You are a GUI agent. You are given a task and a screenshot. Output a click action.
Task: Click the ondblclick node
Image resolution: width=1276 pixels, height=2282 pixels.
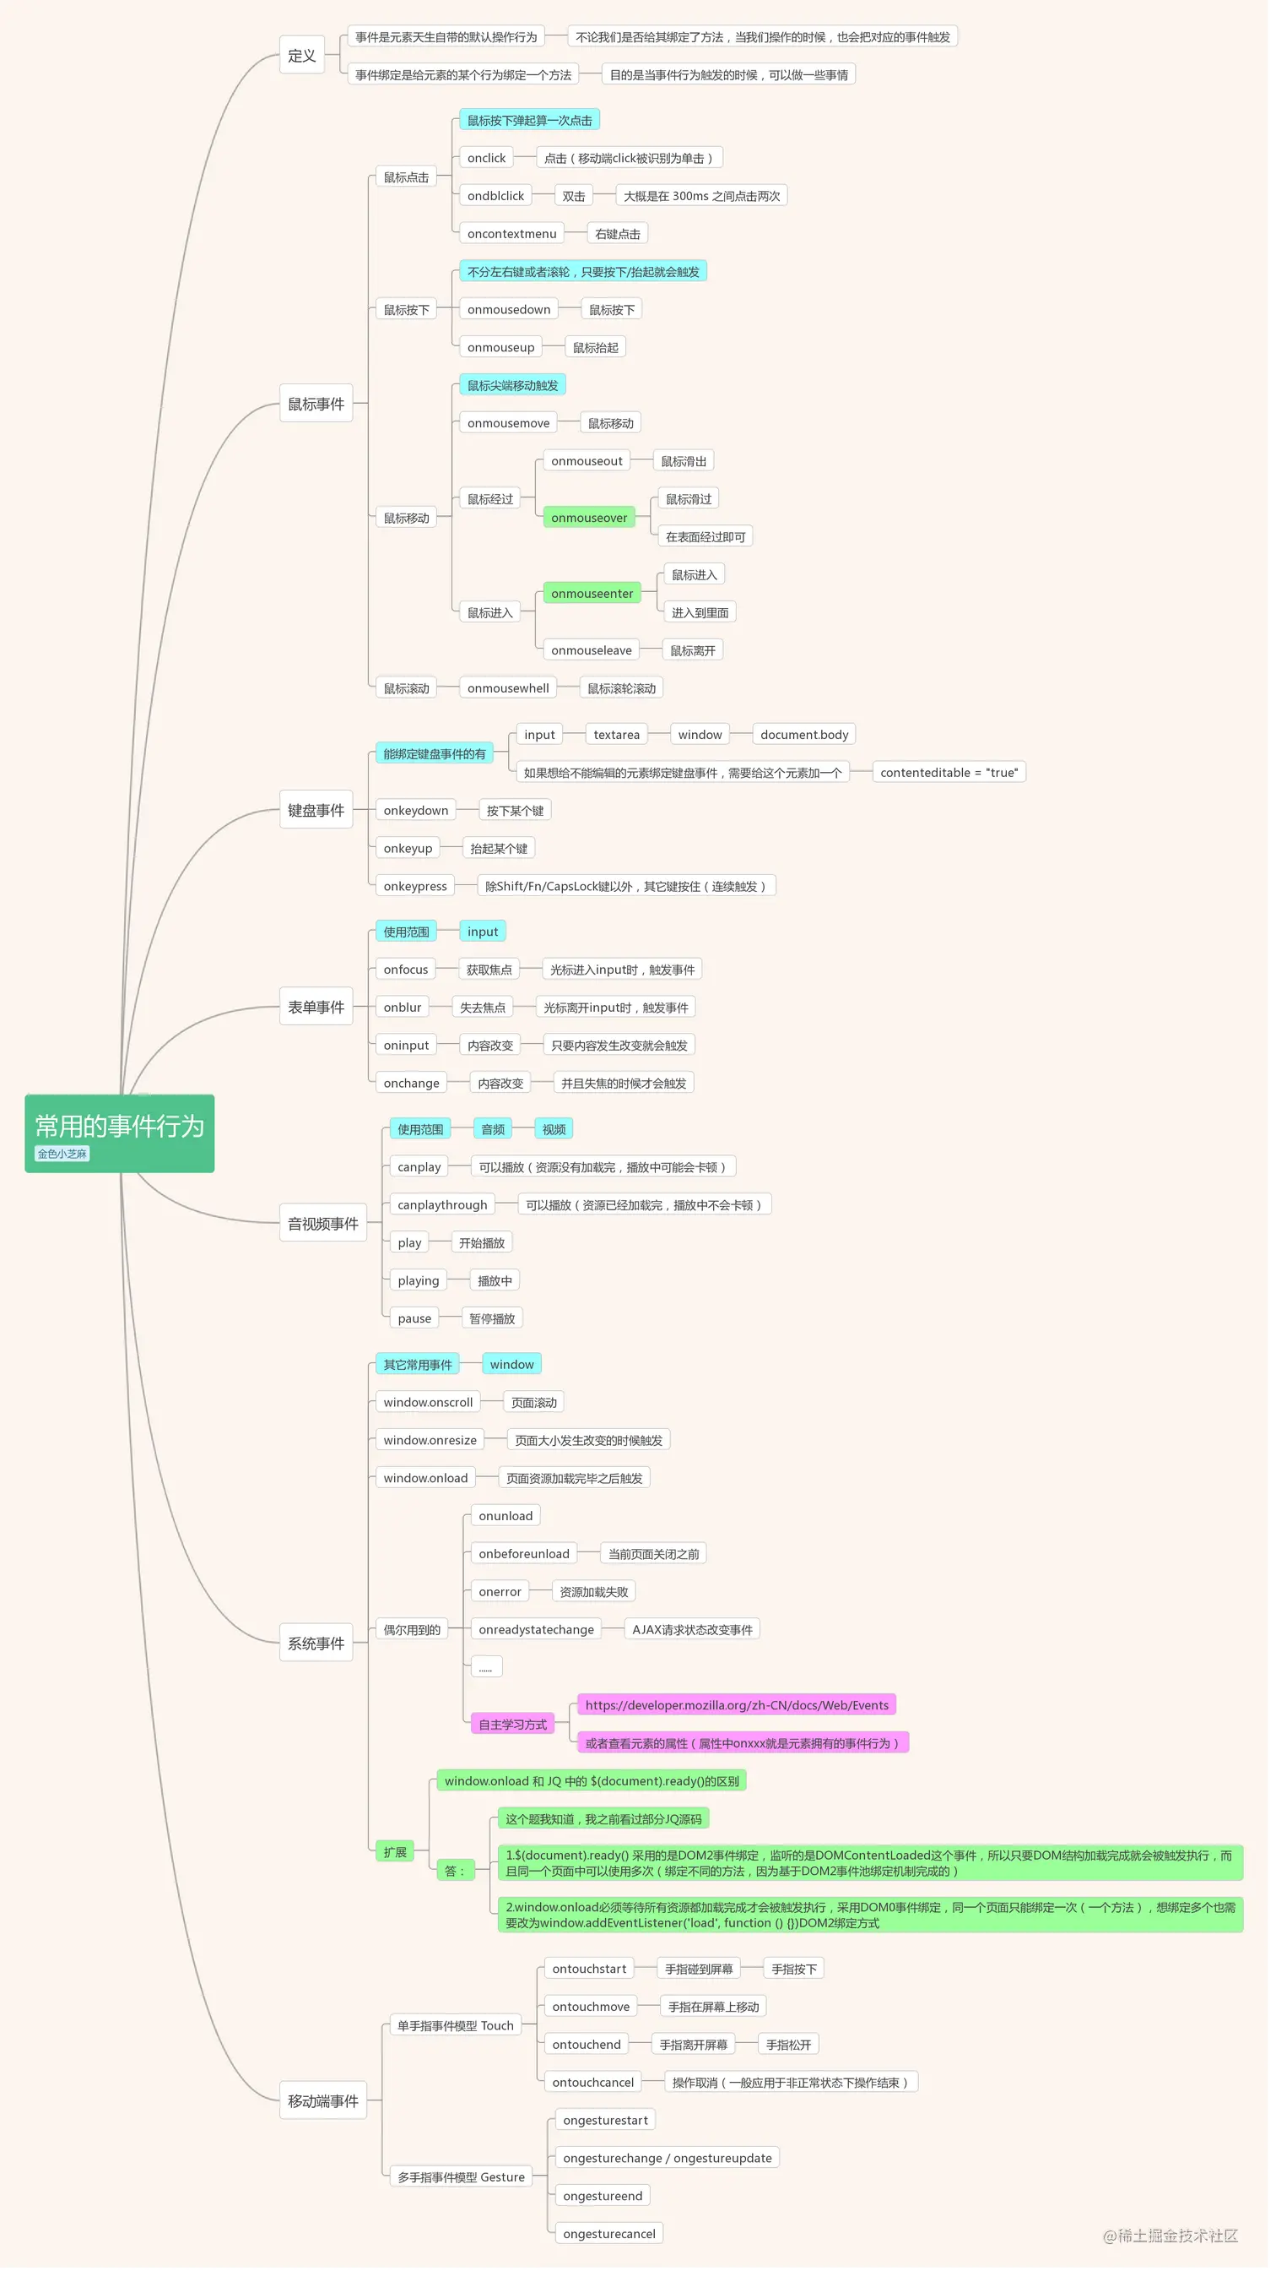(499, 197)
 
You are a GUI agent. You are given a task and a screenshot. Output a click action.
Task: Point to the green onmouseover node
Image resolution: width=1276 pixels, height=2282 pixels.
(592, 521)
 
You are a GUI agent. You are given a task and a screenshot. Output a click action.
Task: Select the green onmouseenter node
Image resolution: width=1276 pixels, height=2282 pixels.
(596, 597)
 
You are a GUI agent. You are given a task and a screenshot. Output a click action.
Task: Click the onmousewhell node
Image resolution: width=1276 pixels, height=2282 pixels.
(511, 692)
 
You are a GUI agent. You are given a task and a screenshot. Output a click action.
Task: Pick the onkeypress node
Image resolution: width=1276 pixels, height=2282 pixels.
(418, 891)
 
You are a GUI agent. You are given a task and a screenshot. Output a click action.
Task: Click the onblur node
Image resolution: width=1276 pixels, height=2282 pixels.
(405, 1013)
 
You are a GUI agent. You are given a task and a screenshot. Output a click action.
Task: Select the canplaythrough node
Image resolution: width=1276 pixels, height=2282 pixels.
(446, 1212)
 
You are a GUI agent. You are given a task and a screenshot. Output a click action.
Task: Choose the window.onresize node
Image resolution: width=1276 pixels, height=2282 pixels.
(433, 1448)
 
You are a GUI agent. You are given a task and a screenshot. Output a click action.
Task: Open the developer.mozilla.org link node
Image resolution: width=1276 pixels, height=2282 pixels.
(741, 1715)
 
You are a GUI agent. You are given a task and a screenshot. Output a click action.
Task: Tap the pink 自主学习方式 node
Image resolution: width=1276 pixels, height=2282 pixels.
(516, 1735)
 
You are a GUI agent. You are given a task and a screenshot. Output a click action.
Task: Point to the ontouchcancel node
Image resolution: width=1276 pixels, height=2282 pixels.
(597, 2095)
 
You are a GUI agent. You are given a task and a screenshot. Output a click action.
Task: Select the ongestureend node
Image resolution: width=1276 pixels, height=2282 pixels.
(607, 2209)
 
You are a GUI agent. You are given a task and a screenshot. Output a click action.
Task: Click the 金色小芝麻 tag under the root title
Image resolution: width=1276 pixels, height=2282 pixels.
(62, 1160)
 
